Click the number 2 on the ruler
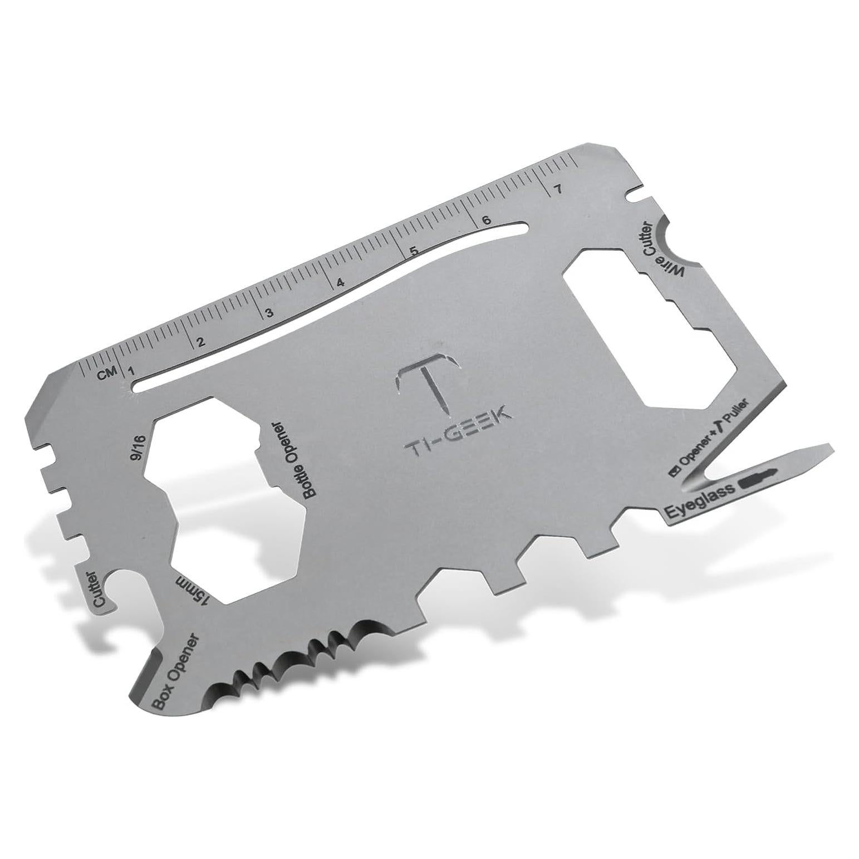pyautogui.click(x=201, y=341)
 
